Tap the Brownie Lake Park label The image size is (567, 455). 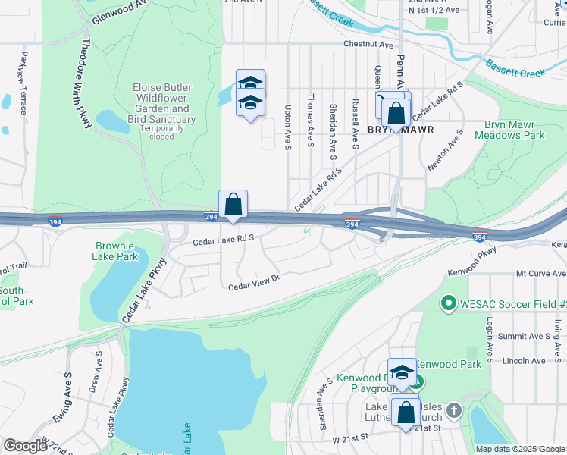[117, 251]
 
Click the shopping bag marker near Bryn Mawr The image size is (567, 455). [396, 114]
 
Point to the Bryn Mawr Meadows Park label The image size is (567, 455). [509, 130]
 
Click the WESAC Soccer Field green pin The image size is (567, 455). [448, 304]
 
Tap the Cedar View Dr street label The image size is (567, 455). [255, 282]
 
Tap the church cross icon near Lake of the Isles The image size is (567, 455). [453, 411]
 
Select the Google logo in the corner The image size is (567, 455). [25, 446]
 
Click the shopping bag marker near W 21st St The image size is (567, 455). [406, 413]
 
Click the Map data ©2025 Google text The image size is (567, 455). [519, 449]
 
